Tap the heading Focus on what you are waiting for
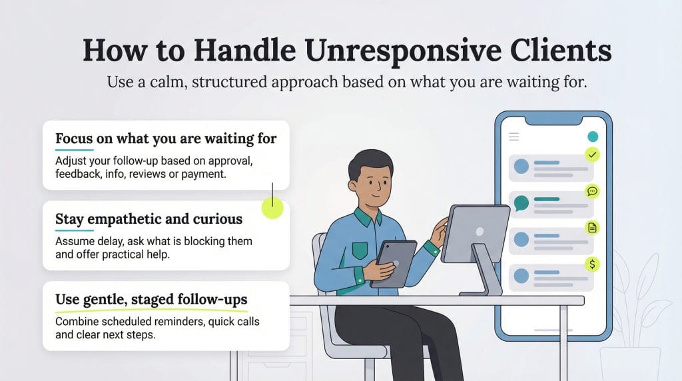coord(165,139)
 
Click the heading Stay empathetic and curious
coord(149,219)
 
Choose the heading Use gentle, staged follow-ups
coord(151,299)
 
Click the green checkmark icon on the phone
coord(591,155)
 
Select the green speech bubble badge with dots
coord(592,191)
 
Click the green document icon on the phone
coord(592,228)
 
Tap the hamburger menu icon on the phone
coord(513,137)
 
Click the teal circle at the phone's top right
coord(592,137)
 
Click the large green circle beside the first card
coord(272,208)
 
